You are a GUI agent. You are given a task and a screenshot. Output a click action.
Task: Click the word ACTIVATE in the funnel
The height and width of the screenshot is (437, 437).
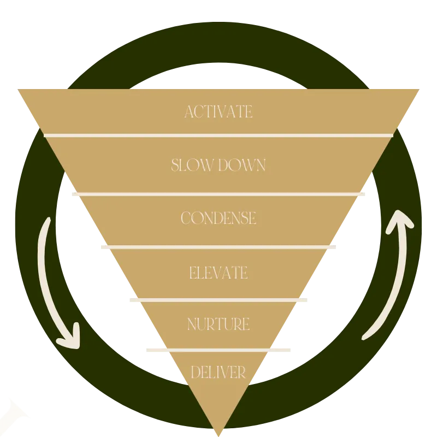pos(218,112)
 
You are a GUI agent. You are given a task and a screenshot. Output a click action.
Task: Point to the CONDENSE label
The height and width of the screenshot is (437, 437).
pos(218,218)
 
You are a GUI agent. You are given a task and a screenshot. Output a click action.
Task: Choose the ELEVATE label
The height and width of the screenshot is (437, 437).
pos(218,272)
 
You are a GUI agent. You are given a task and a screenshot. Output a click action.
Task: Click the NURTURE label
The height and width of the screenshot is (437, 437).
pos(218,324)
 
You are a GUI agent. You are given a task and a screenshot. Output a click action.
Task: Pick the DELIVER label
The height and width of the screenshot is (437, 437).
pos(218,373)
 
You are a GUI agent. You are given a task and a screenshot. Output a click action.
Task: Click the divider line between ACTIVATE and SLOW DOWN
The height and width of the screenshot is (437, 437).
pos(218,135)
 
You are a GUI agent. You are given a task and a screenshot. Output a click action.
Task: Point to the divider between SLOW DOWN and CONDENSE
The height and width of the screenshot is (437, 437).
pos(218,194)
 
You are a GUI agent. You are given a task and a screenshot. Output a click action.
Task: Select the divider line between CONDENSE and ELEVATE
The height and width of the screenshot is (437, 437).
pos(218,246)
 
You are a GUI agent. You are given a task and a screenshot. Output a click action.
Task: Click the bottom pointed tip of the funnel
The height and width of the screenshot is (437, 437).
pos(218,432)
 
